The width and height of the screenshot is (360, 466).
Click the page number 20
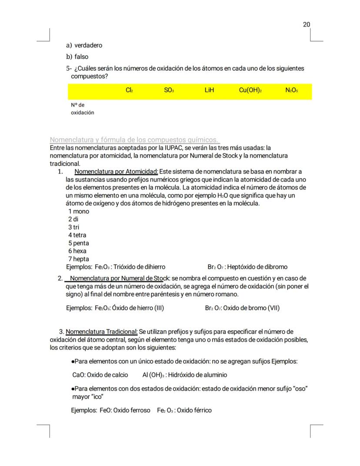pyautogui.click(x=307, y=24)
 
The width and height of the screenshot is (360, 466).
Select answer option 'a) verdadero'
pyautogui.click(x=84, y=45)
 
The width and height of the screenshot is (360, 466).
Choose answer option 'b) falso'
pyautogui.click(x=77, y=57)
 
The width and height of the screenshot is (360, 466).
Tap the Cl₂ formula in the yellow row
pyautogui.click(x=129, y=91)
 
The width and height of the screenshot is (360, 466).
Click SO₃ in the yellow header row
pyautogui.click(x=169, y=91)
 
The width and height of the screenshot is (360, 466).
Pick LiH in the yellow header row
pyautogui.click(x=209, y=91)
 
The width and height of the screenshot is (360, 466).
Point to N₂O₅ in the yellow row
pyautogui.click(x=292, y=91)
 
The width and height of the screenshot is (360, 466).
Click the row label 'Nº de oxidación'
pyautogui.click(x=82, y=109)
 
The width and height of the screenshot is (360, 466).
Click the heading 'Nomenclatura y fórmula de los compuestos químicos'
pyautogui.click(x=134, y=140)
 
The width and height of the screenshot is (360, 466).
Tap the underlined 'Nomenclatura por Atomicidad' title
pyautogui.click(x=117, y=171)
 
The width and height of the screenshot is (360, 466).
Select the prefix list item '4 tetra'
pyautogui.click(x=77, y=235)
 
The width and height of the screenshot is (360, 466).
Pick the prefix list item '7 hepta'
pyautogui.click(x=78, y=259)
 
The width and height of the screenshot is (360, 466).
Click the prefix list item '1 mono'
pyautogui.click(x=78, y=211)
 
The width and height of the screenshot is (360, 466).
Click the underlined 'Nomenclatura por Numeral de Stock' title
pyautogui.click(x=116, y=278)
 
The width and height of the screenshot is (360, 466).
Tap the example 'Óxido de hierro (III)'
pyautogui.click(x=138, y=308)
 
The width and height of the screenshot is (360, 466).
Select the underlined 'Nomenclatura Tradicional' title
pyautogui.click(x=102, y=332)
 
